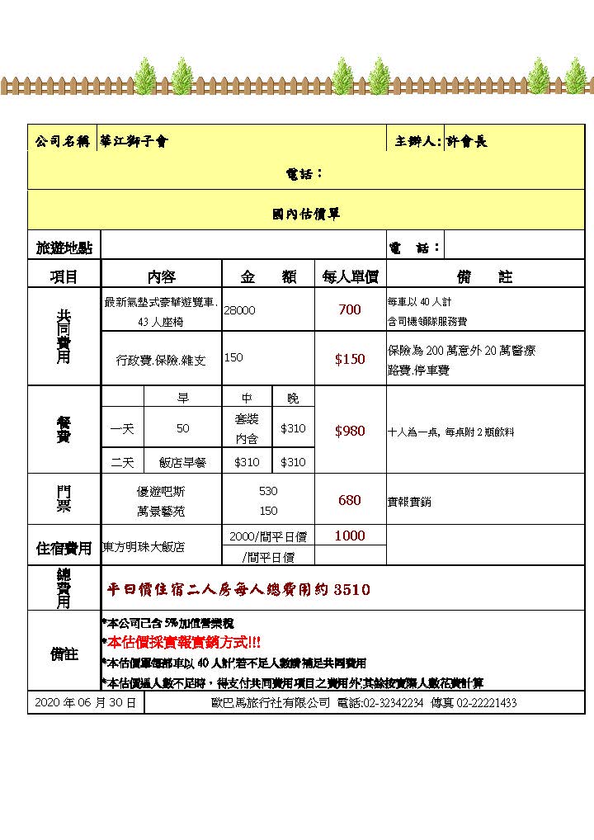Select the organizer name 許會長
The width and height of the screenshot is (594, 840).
coord(467,141)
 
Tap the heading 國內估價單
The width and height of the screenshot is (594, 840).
coord(306,214)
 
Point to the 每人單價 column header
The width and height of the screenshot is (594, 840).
coord(350,277)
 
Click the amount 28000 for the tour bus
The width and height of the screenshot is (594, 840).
coord(240,310)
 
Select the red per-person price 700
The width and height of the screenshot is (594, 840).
coord(350,310)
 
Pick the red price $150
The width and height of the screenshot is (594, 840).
coord(350,359)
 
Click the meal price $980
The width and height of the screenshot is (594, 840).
coord(350,432)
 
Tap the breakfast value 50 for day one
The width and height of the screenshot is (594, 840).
coord(183,428)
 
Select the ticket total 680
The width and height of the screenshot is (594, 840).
coord(350,500)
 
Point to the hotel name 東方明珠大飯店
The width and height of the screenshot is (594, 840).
coord(144,546)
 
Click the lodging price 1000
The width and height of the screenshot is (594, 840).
coord(350,536)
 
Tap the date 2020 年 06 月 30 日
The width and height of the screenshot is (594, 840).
coord(86,703)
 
